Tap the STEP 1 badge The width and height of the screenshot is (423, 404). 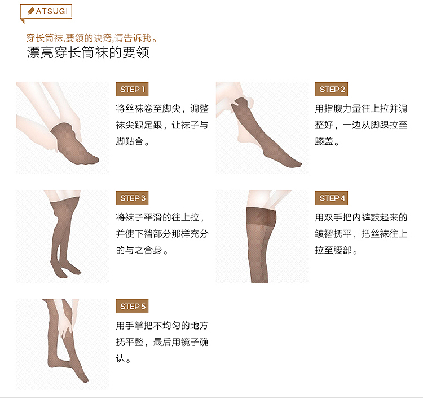tap(133, 90)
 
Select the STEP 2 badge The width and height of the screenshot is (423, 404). tap(333, 90)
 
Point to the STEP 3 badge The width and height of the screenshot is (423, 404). tap(133, 198)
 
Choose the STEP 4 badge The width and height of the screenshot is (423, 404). tap(333, 198)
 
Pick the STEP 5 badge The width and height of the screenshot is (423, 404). tap(133, 307)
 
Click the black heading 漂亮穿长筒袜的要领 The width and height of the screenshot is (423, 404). tap(88, 54)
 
